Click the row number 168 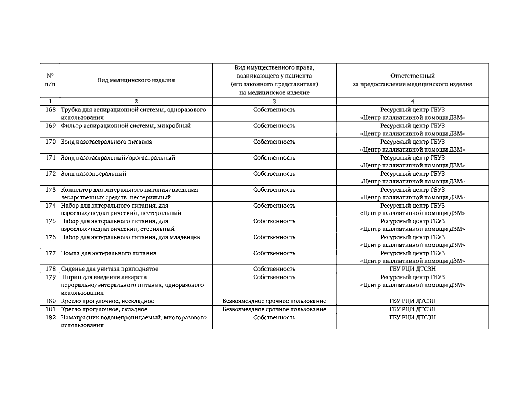pos(50,110)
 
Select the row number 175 pos(50,221)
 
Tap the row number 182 pos(50,317)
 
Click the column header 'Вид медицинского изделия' pos(136,80)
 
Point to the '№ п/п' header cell pos(50,80)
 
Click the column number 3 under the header pos(274,101)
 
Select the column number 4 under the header pos(412,101)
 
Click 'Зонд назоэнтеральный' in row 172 pos(94,174)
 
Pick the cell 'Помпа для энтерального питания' pos(109,253)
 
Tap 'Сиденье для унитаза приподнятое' pos(110,269)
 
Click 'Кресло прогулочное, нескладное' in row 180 pos(107,301)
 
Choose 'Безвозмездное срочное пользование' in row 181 pos(274,309)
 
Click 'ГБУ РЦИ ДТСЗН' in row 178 pos(412,269)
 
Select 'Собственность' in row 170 pos(274,142)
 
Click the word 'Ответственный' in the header pos(412,76)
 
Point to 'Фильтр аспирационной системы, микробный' pos(126,126)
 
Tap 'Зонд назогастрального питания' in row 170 pos(106,142)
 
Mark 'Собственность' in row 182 pos(274,317)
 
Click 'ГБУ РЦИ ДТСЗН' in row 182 pos(412,317)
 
